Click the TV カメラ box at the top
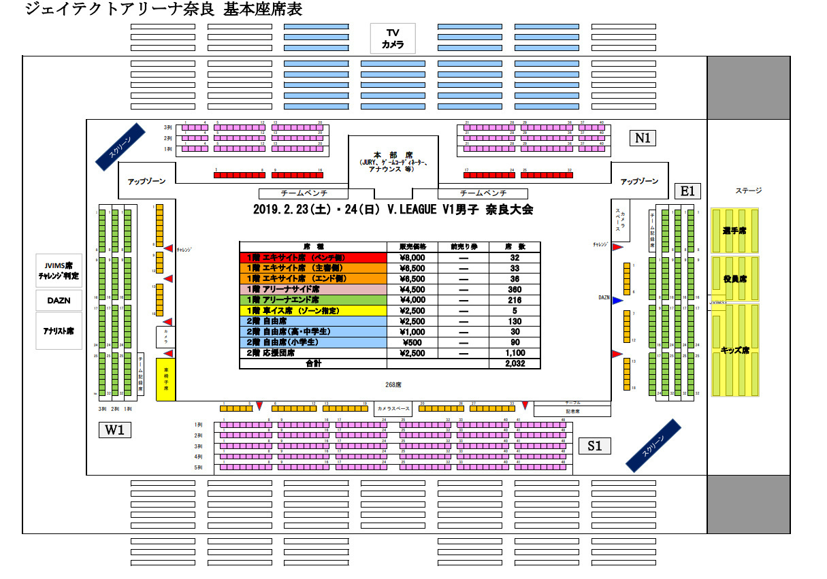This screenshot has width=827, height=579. click(x=393, y=39)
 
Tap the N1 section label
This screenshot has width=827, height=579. click(x=643, y=138)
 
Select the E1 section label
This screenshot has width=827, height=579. click(x=687, y=191)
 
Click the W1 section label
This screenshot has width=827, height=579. click(x=114, y=430)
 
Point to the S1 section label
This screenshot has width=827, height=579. click(x=595, y=446)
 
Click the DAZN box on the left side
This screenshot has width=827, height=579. click(x=59, y=300)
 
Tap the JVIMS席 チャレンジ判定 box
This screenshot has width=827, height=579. click(x=59, y=271)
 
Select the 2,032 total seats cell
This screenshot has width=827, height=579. click(x=514, y=364)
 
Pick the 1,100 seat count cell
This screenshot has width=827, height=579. click(x=514, y=353)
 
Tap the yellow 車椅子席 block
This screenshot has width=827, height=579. click(x=166, y=378)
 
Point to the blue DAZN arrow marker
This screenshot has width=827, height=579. click(x=617, y=300)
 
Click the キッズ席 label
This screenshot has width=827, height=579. click(x=735, y=350)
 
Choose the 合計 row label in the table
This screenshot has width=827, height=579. click(x=313, y=364)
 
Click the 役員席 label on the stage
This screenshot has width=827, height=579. click(x=735, y=279)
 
